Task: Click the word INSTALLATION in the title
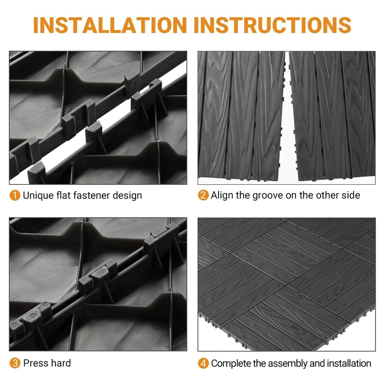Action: [110, 25]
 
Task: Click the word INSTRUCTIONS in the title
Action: [273, 25]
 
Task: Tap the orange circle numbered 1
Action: [15, 196]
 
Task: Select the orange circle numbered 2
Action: [203, 195]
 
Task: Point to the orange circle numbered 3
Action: [15, 363]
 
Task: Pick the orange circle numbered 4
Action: [203, 363]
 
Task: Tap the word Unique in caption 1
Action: [38, 196]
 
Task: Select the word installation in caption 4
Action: [349, 363]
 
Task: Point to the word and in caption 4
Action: [317, 363]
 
